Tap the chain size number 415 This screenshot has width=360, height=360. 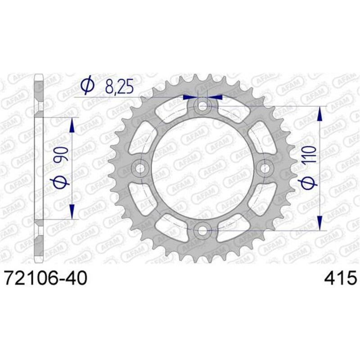340,278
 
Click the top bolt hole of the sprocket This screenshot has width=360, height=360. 203,106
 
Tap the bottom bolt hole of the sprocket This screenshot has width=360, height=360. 203,231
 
